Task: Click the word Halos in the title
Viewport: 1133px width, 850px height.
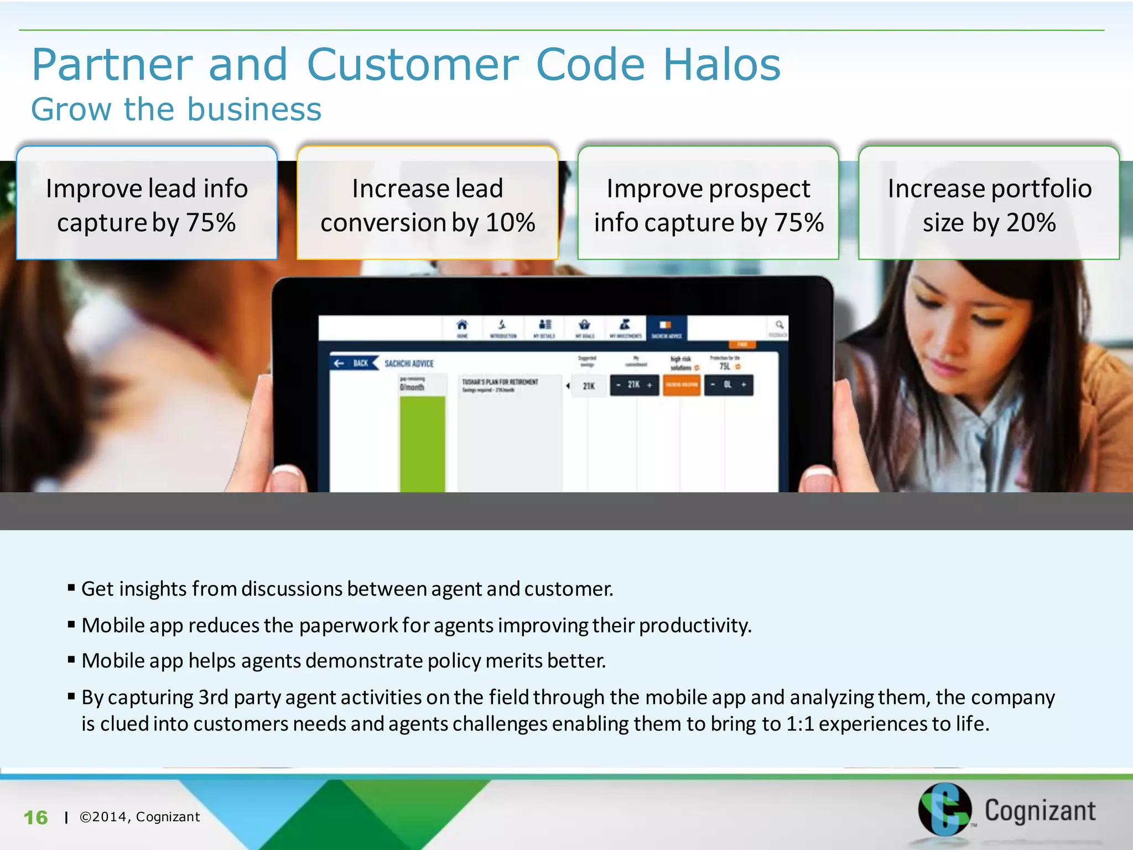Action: tap(721, 65)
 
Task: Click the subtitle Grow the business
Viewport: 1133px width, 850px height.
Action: tap(176, 109)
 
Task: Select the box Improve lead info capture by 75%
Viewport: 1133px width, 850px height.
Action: tap(147, 204)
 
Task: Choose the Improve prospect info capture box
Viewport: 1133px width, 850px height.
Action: tap(708, 204)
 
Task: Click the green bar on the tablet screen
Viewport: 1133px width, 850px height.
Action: tap(422, 443)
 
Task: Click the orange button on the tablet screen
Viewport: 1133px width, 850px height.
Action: tap(682, 385)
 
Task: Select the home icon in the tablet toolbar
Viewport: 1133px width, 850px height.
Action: tap(462, 325)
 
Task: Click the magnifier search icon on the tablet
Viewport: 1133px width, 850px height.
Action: tap(779, 325)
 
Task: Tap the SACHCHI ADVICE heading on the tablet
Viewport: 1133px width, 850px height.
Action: tap(409, 364)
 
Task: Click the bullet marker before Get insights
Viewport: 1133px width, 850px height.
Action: tap(71, 588)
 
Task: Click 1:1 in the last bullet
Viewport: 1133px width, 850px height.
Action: tap(800, 724)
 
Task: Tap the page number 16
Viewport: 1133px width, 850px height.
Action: tap(35, 817)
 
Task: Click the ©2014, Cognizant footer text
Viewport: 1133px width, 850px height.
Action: tap(139, 817)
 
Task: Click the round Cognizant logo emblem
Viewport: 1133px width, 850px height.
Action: tap(944, 809)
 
